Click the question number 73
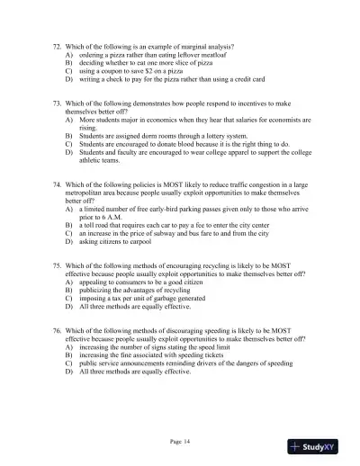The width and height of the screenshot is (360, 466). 58,104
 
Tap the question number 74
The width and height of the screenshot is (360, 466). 58,184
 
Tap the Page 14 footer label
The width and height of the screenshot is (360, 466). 180,440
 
